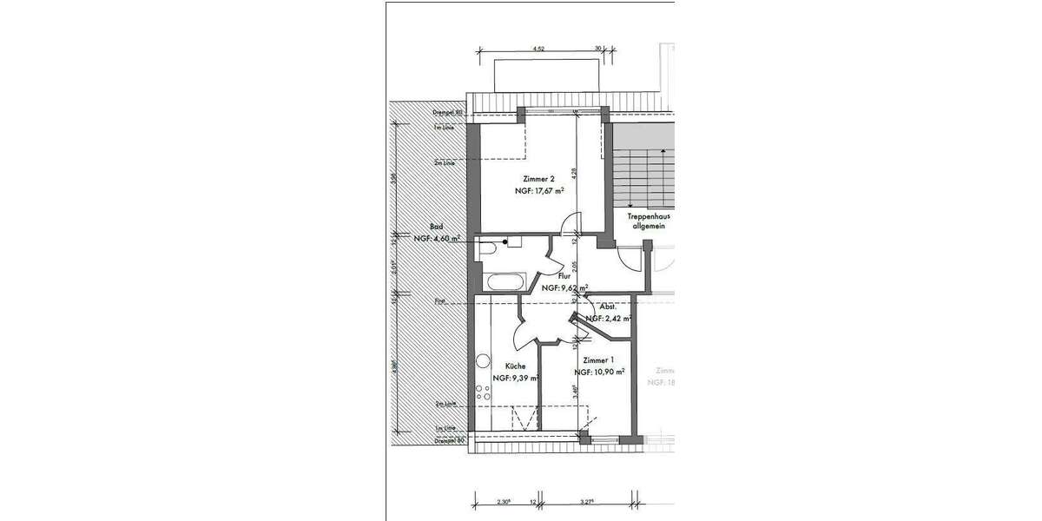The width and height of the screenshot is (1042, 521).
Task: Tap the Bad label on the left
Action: click(x=424, y=227)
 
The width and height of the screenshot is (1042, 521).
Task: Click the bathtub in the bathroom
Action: click(x=504, y=281)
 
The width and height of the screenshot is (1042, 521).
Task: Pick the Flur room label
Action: click(x=564, y=275)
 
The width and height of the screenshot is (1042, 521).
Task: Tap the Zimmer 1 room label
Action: click(x=599, y=359)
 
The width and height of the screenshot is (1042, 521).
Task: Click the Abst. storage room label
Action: click(x=608, y=307)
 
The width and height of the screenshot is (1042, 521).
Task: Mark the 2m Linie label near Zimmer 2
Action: click(x=445, y=162)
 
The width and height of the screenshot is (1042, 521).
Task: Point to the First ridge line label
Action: click(x=440, y=300)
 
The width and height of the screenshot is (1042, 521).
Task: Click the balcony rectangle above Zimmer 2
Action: click(x=546, y=75)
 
